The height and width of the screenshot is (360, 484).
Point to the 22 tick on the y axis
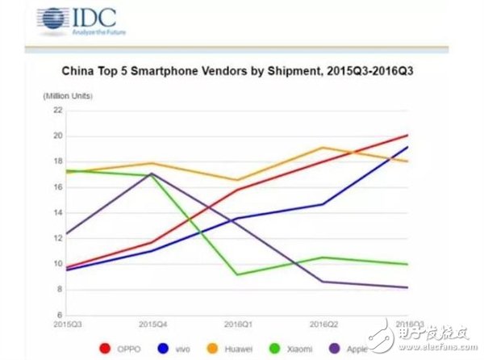point(57,111)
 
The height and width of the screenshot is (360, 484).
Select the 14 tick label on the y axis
point(57,213)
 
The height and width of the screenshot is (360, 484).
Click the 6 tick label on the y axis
point(59,315)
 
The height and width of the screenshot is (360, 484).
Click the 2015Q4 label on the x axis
point(152,324)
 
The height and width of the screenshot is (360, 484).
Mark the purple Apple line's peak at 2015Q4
point(152,174)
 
